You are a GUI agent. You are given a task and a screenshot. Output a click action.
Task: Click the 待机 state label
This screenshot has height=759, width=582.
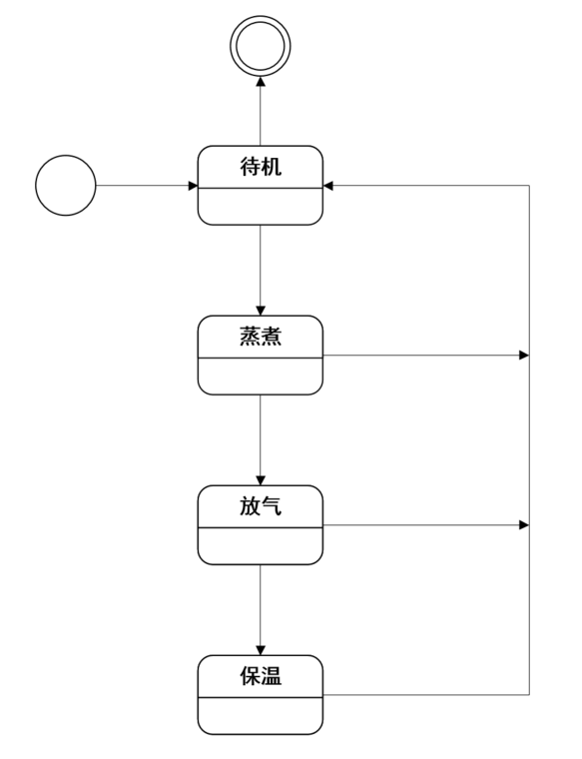click(261, 167)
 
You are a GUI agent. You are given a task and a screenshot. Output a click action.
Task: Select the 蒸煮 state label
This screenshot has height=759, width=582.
click(261, 337)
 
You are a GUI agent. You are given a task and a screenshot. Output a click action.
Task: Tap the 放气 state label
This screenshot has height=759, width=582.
click(261, 506)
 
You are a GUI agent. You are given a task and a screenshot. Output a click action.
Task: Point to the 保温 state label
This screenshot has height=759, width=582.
click(261, 676)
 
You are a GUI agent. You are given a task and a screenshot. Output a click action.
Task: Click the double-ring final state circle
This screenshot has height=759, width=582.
click(261, 17)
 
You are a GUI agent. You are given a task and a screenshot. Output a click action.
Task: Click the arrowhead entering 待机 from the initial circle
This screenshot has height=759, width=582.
click(193, 186)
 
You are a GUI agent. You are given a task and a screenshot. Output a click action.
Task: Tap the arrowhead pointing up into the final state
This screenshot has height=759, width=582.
click(261, 81)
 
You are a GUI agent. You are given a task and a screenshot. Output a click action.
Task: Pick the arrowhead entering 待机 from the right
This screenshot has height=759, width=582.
click(328, 186)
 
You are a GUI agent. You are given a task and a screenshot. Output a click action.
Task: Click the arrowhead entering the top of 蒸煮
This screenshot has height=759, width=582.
click(261, 311)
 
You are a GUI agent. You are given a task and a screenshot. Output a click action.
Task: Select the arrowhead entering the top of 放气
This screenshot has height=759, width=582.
click(261, 480)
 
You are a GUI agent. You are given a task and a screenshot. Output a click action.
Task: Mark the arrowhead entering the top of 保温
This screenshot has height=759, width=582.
click(261, 650)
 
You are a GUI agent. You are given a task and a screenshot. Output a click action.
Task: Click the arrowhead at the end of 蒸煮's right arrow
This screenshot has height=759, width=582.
click(524, 356)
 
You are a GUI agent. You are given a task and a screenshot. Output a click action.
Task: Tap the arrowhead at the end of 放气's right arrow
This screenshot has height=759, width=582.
click(524, 525)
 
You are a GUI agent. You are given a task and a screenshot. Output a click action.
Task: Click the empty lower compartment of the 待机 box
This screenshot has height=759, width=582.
click(261, 206)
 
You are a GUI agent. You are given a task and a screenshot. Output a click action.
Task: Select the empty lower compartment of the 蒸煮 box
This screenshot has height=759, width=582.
click(261, 377)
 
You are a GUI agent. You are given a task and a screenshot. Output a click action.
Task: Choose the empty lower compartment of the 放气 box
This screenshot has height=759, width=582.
click(261, 546)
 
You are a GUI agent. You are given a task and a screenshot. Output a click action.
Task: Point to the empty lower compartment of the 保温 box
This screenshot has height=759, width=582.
click(261, 716)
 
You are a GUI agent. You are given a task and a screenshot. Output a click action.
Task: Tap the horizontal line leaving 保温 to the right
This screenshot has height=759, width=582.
click(425, 695)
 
